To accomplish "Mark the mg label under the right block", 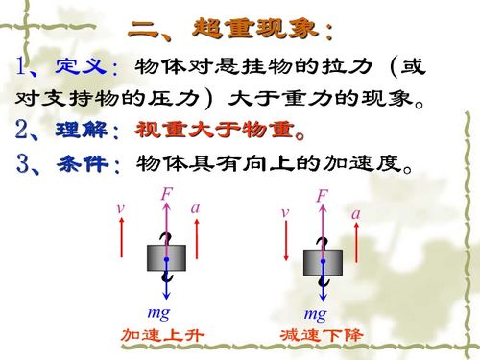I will [x=315, y=314].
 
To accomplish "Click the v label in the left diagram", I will [x=121, y=208].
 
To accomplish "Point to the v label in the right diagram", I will [x=285, y=211].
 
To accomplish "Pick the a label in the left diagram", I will [x=195, y=207].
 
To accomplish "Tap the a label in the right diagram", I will [x=355, y=214].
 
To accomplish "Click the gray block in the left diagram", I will [x=165, y=257].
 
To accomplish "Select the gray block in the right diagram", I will [x=323, y=261].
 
